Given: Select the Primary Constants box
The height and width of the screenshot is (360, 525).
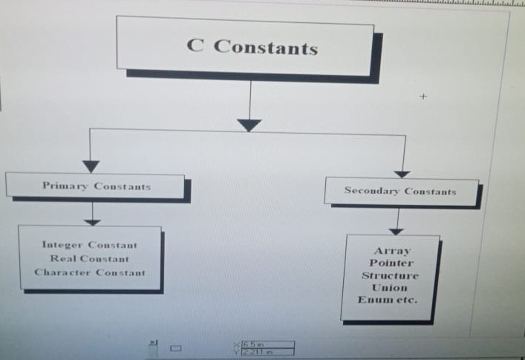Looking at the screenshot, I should [96, 186].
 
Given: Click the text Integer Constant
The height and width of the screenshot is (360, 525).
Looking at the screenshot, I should [90, 245].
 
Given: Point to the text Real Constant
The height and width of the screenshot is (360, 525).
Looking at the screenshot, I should [90, 258].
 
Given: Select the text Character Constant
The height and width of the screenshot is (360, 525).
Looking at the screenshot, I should [90, 272].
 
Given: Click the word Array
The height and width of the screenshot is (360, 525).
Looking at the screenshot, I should [391, 251].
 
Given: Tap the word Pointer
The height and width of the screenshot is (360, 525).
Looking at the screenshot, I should [391, 263].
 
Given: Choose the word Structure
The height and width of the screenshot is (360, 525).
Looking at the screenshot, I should [391, 275].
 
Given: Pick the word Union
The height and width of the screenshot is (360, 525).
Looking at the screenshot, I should [391, 287].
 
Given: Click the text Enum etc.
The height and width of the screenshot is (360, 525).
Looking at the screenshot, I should [388, 300].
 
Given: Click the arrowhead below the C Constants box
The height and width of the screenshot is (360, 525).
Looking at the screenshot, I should [250, 125].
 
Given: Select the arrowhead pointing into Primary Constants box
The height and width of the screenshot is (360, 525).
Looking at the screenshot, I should [91, 166].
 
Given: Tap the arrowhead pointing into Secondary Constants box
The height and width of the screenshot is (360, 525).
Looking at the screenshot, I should [402, 174].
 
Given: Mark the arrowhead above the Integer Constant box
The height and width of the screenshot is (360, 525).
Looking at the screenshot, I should [92, 220].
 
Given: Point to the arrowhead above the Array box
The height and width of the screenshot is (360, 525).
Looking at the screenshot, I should [397, 231].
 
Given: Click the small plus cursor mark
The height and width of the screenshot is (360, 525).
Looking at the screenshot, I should [424, 96].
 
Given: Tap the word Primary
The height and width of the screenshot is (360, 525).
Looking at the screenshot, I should [65, 186].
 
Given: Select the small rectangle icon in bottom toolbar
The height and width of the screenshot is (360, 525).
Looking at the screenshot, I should [175, 347].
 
